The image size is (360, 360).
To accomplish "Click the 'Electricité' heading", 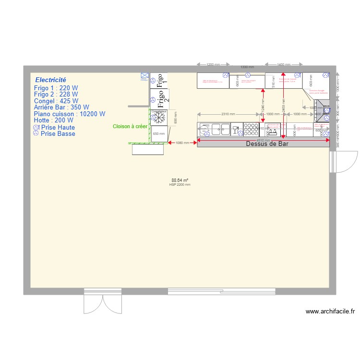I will tap(50, 80).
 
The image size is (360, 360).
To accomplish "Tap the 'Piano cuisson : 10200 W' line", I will tap(69, 114).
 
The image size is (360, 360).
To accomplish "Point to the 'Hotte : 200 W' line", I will tap(53, 120).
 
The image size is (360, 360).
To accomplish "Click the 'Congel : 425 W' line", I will tap(56, 101).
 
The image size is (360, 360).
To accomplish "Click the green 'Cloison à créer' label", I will tap(130, 126).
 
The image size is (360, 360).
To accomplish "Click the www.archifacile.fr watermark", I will tap(330, 312).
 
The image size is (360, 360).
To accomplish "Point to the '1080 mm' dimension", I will tap(182, 143).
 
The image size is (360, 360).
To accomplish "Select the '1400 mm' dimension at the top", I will tap(283, 64).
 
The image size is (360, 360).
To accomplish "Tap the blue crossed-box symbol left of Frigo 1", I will tap(144, 75).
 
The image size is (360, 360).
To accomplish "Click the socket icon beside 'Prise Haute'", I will tap(36, 128).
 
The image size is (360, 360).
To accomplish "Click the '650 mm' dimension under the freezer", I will tap(158, 134).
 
